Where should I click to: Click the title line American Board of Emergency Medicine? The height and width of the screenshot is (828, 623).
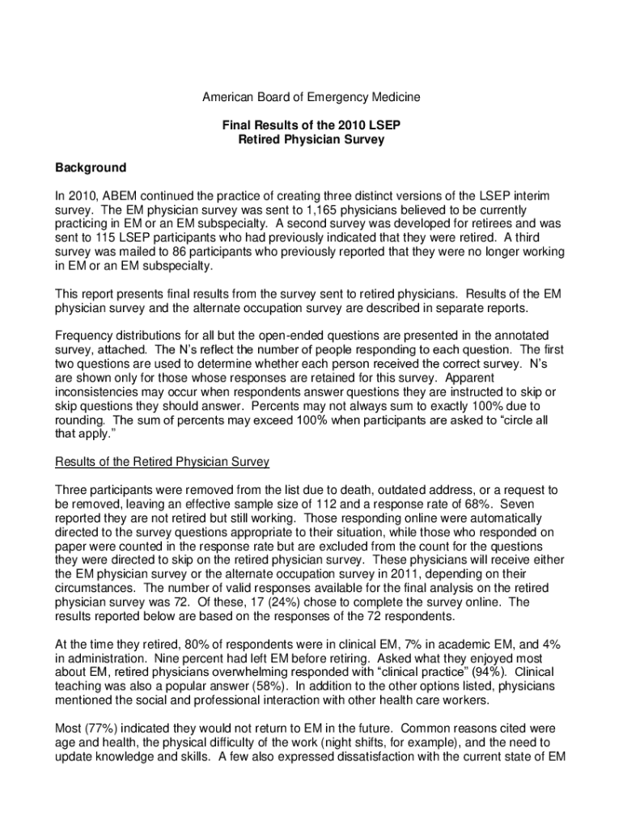(x=311, y=97)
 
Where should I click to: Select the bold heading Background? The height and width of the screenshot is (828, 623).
(x=90, y=167)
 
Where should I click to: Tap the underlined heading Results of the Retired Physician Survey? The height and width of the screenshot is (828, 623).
(x=162, y=462)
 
